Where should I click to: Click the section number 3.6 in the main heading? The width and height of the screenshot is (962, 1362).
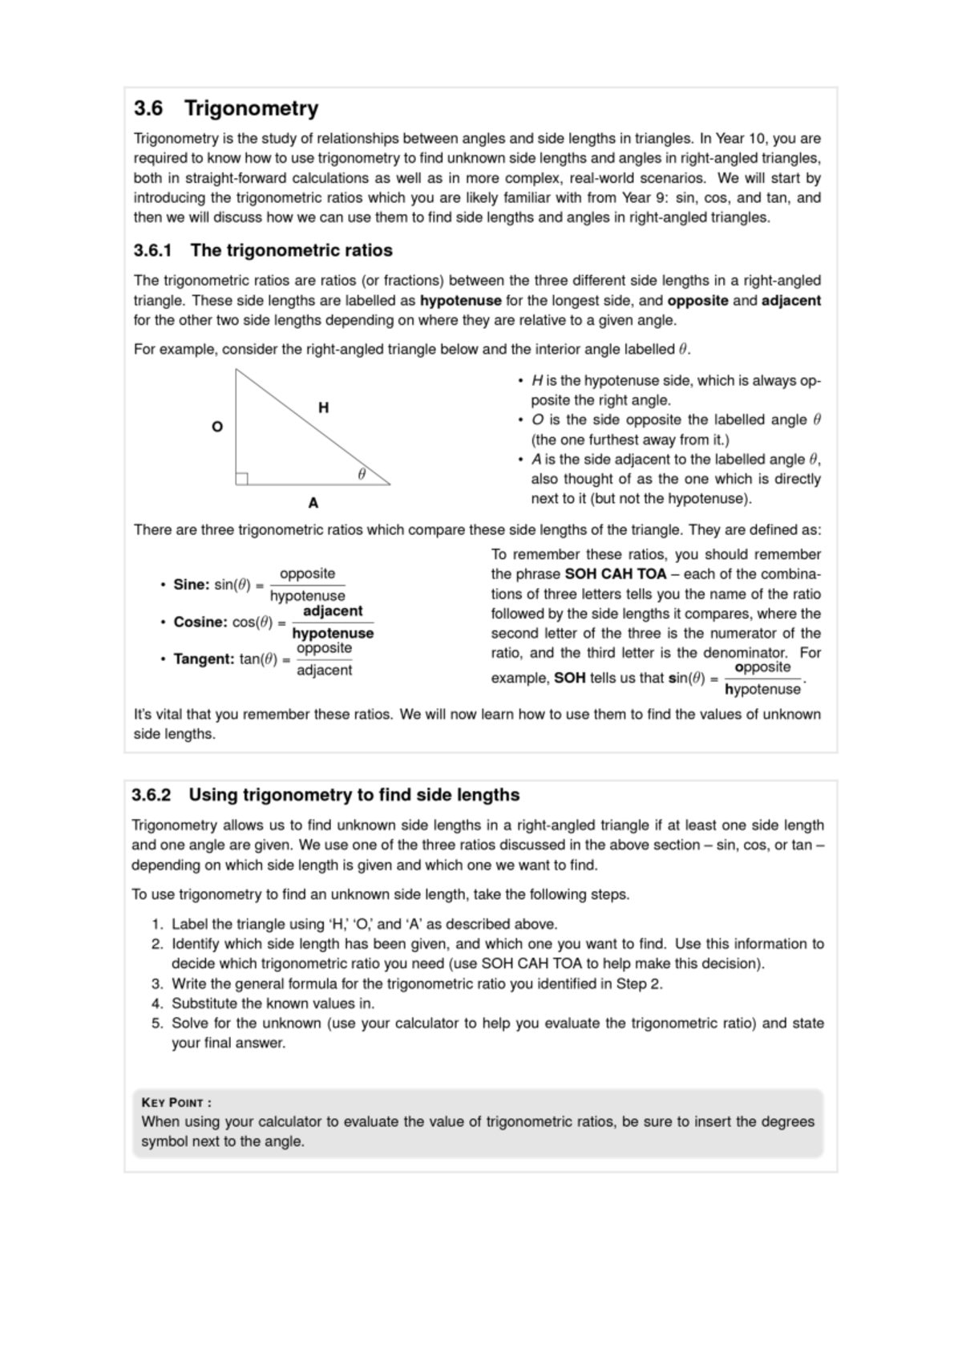(148, 108)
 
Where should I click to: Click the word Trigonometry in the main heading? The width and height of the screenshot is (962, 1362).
(251, 108)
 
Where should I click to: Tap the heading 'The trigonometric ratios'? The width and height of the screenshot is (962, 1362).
(291, 250)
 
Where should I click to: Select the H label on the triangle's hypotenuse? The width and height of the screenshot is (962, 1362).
(323, 407)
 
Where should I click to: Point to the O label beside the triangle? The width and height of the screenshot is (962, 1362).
(216, 427)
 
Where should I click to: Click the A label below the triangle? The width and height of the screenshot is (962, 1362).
(313, 503)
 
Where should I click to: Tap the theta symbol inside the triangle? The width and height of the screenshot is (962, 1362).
(362, 474)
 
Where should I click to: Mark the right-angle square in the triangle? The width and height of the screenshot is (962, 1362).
(241, 479)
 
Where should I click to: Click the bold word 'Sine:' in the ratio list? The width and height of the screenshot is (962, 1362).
(192, 585)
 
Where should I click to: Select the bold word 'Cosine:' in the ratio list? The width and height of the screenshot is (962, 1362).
(200, 622)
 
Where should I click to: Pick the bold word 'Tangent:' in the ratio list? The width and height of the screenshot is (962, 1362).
(204, 659)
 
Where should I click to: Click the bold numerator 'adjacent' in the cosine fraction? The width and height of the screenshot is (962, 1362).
(333, 611)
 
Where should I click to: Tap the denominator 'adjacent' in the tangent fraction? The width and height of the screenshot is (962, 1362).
(324, 671)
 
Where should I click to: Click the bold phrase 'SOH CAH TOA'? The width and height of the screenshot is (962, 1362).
(616, 574)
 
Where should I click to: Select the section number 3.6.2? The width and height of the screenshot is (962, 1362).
(152, 795)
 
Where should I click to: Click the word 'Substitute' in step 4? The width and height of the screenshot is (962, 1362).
(204, 1003)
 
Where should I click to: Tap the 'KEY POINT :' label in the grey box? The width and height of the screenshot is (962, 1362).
(176, 1102)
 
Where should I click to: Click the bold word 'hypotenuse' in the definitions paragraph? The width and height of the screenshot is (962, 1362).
(461, 301)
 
